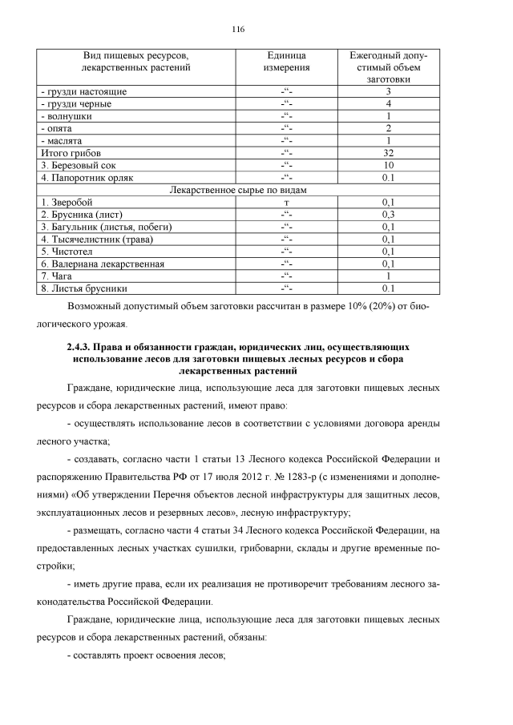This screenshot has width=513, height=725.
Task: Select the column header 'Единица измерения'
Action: [286, 62]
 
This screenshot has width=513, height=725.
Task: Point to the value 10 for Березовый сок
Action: [388, 165]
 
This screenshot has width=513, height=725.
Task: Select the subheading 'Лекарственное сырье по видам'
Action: [239, 190]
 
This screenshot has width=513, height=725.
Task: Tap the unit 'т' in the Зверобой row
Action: [286, 203]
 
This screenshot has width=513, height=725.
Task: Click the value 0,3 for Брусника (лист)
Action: [388, 215]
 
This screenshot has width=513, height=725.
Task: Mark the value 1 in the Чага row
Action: [388, 276]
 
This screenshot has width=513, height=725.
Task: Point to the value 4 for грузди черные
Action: [388, 104]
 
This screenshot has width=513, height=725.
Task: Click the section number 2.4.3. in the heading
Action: [80, 348]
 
